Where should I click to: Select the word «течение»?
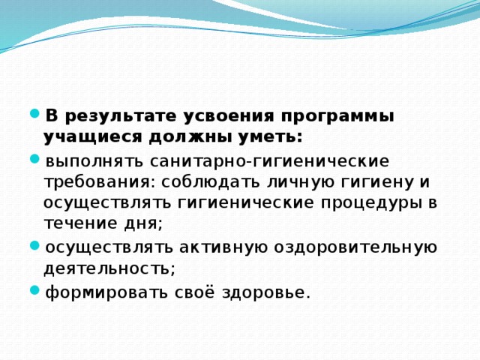point(75,223)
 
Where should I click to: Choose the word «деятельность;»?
point(109,267)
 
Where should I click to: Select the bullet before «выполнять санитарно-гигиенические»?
point(35,160)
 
